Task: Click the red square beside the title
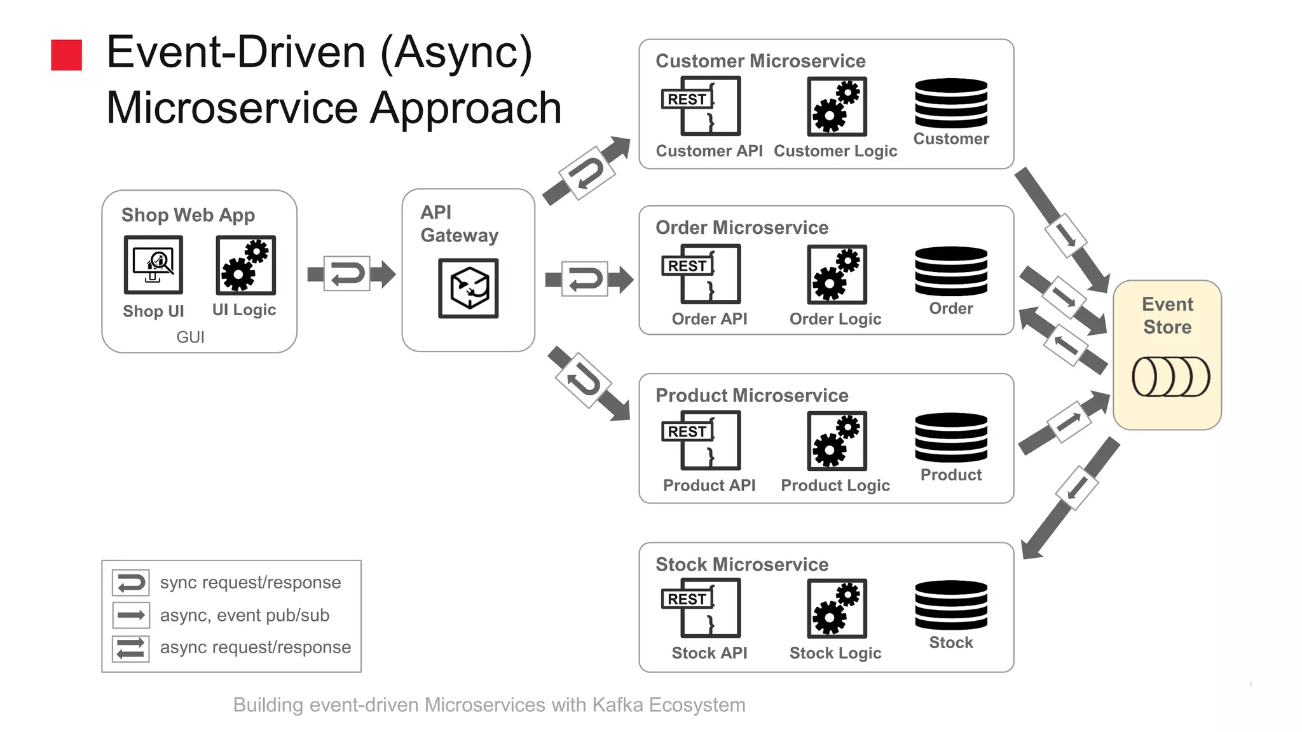click(66, 55)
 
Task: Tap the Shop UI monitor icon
click(153, 265)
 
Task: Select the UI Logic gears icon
click(245, 265)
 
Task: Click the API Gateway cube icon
click(469, 288)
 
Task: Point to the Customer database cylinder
click(950, 103)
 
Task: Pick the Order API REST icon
click(701, 274)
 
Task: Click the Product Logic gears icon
click(837, 440)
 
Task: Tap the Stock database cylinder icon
click(950, 605)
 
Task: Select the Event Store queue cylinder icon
click(1170, 377)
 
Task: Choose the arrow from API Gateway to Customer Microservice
click(586, 171)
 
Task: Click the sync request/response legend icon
click(131, 582)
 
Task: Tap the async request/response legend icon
click(131, 648)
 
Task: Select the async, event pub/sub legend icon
click(131, 615)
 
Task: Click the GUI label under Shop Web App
click(190, 337)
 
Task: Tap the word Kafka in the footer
click(617, 705)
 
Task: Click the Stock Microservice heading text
click(741, 564)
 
